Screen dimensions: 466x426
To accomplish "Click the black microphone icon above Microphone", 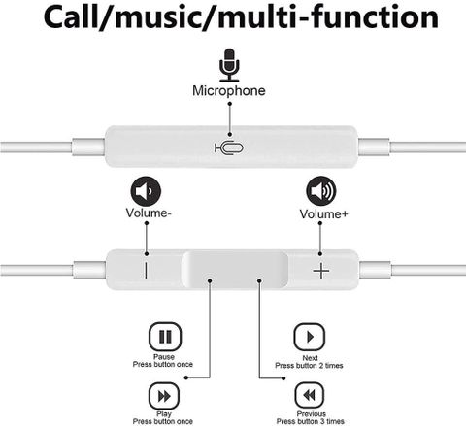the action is (229, 65).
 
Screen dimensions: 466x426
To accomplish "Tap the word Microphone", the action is (229, 90).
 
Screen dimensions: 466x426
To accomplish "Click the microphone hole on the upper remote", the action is (229, 148).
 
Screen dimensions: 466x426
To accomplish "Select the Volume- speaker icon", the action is (146, 191).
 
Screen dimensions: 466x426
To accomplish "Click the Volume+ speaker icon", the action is (321, 191).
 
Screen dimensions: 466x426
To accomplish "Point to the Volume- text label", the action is (149, 213).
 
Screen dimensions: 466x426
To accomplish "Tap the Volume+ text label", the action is (323, 213).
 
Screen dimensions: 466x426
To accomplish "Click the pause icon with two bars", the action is (165, 337).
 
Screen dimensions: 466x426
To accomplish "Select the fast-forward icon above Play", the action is (164, 396).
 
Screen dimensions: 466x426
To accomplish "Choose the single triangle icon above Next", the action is (310, 337).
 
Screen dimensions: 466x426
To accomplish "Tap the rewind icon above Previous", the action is (310, 395).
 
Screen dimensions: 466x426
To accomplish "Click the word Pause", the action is (164, 357).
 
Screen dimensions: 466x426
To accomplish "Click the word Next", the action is (310, 358).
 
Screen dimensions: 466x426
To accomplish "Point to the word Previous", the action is (312, 414).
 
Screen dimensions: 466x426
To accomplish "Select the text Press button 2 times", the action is (309, 366).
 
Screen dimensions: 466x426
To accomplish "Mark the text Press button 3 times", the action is (310, 421).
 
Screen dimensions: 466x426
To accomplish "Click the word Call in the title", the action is (72, 17).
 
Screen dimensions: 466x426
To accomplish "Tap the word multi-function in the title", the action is (328, 17).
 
